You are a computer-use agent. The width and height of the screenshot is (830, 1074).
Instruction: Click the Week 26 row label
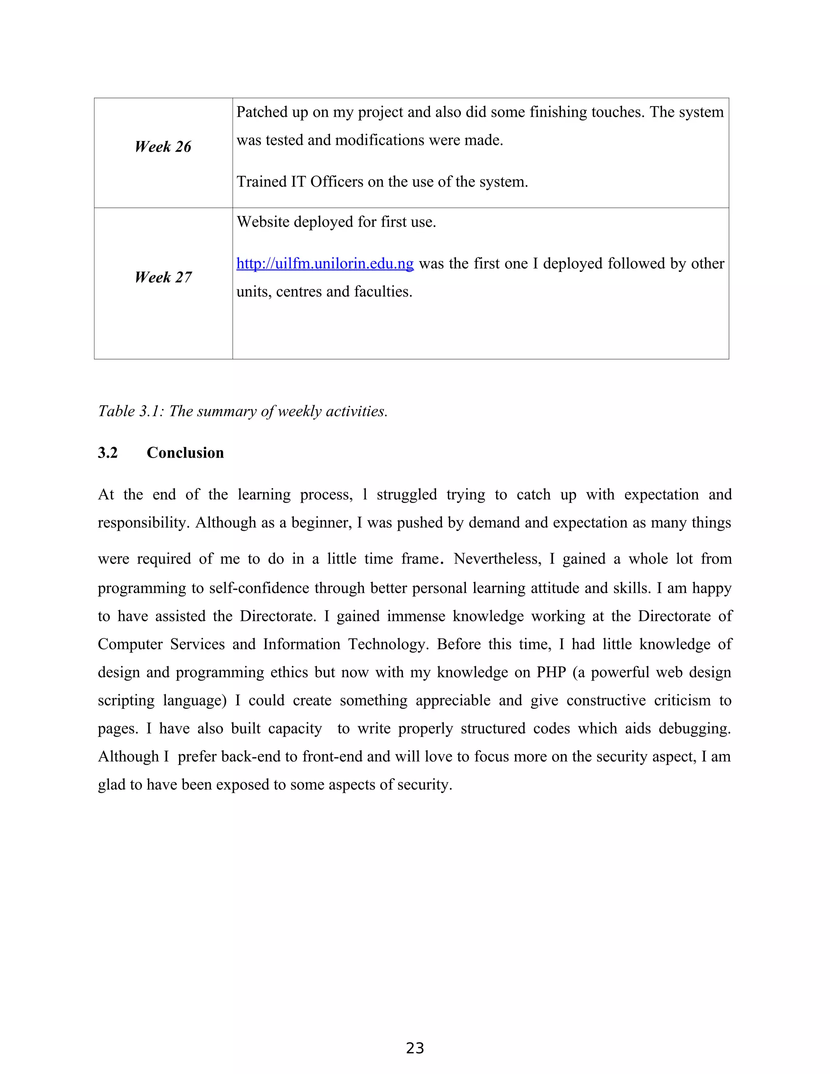point(163,147)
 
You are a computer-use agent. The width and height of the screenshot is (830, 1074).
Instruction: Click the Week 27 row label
point(163,277)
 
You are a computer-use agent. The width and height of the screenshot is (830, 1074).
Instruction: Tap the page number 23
point(415,1048)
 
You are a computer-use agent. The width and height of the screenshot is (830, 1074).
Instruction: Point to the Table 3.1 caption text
point(242,411)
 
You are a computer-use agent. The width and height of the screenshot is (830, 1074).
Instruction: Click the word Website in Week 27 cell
point(263,222)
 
